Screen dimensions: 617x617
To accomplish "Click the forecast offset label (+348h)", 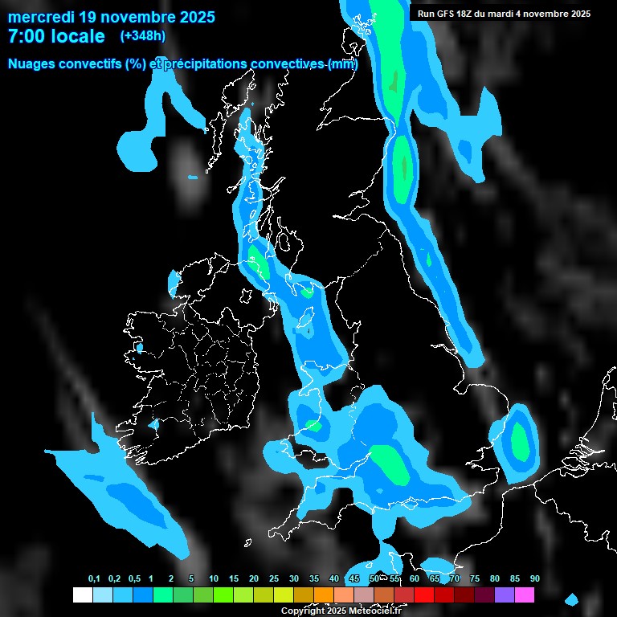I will [142, 35].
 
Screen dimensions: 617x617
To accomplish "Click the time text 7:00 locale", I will [56, 36].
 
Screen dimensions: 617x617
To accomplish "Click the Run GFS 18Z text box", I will [504, 14].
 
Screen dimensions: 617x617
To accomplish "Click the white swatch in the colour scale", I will [82, 595].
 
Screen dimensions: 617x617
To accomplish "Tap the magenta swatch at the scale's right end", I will [525, 595].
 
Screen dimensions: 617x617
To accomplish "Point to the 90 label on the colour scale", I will [534, 579].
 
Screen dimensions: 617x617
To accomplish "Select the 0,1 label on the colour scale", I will [94, 579].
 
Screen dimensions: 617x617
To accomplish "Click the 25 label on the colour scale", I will [274, 579].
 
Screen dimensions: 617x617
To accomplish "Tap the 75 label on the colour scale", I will [474, 579].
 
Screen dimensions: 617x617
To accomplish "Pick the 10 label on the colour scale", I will [214, 579].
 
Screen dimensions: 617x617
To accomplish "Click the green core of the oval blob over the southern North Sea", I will [520, 439].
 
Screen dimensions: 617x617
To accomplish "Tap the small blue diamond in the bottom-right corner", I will [571, 599].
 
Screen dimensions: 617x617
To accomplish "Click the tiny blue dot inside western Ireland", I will [140, 349].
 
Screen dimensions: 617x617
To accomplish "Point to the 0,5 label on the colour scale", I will [133, 579].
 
